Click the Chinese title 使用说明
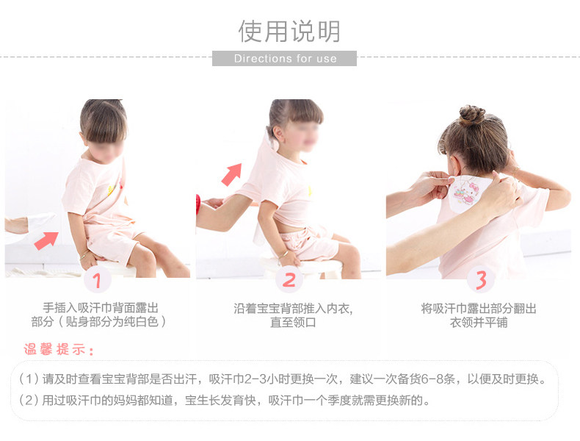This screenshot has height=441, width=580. (x=289, y=31)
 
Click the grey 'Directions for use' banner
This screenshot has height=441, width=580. (x=284, y=59)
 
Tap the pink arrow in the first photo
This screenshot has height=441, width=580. (x=46, y=240)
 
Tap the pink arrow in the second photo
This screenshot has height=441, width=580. (x=232, y=174)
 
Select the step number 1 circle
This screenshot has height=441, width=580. (x=97, y=280)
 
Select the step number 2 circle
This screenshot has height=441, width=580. (x=289, y=280)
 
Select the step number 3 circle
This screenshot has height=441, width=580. (x=480, y=279)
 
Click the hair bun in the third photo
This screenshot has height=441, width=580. (x=472, y=114)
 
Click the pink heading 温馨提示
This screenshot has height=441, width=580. (x=59, y=349)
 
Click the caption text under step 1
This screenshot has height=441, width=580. (x=99, y=315)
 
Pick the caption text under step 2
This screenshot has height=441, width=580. (x=293, y=315)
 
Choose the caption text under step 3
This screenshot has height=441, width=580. (x=479, y=315)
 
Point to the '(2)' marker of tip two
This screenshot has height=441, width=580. (x=29, y=401)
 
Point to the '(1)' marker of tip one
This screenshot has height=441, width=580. (x=29, y=379)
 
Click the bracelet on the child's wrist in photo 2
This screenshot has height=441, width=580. (x=283, y=254)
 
